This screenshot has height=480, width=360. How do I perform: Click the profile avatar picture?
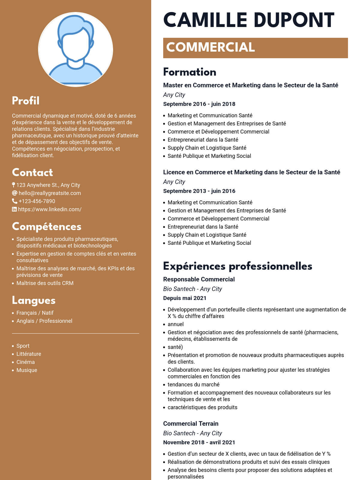pyautogui.click(x=76, y=49)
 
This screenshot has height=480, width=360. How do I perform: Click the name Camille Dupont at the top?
pyautogui.click(x=249, y=20)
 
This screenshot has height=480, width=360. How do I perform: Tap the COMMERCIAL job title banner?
pyautogui.click(x=255, y=48)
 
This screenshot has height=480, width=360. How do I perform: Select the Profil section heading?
pyautogui.click(x=26, y=101)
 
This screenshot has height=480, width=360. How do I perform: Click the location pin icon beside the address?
pyautogui.click(x=13, y=185)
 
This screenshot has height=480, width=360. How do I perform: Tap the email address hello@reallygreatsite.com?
pyautogui.click(x=49, y=193)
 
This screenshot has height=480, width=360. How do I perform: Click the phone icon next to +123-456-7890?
pyautogui.click(x=14, y=201)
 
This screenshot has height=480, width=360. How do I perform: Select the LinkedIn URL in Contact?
pyautogui.click(x=49, y=209)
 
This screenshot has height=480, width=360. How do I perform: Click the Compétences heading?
pyautogui.click(x=46, y=226)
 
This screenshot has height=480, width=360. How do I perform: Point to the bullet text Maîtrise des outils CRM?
pyautogui.click(x=45, y=283)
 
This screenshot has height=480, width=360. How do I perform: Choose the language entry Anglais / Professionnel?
pyautogui.click(x=44, y=321)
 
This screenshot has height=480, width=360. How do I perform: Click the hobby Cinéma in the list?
pyautogui.click(x=25, y=362)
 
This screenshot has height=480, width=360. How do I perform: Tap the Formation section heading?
pyautogui.click(x=190, y=72)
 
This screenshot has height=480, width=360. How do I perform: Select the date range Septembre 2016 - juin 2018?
pyautogui.click(x=199, y=104)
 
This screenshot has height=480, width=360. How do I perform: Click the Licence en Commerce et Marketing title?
pyautogui.click(x=251, y=172)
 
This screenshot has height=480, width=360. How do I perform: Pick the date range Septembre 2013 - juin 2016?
pyautogui.click(x=199, y=191)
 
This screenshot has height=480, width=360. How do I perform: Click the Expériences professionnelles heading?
pyautogui.click(x=238, y=266)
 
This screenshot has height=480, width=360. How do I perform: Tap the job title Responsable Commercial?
pyautogui.click(x=199, y=279)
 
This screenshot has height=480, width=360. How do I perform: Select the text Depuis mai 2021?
pyautogui.click(x=185, y=298)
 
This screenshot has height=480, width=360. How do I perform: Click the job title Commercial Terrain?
pyautogui.click(x=191, y=424)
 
